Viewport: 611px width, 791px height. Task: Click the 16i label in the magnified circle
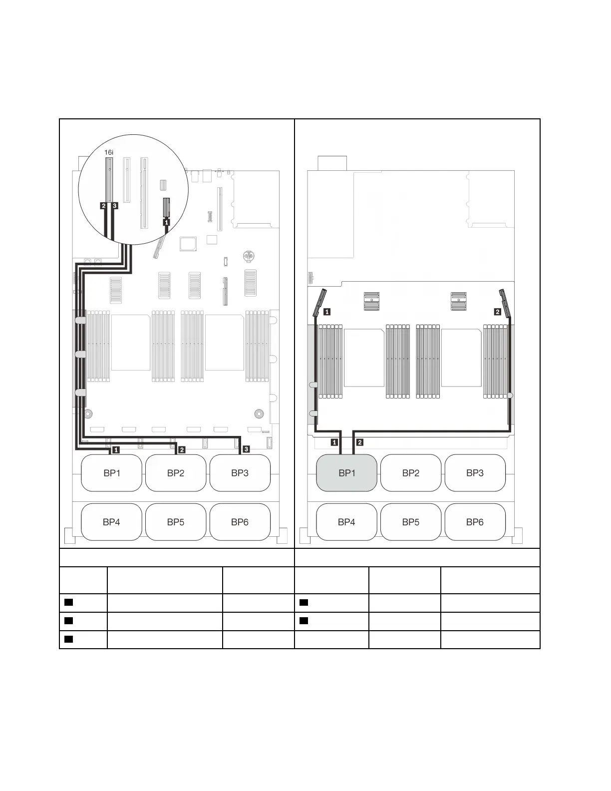[109, 151]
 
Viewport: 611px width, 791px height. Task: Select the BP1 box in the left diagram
[111, 473]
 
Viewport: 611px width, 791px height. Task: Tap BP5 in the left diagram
[176, 522]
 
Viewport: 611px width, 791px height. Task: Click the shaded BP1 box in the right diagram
[346, 473]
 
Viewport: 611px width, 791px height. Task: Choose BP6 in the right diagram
[475, 522]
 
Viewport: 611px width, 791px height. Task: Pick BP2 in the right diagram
[411, 473]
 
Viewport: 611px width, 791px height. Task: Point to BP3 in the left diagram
[240, 473]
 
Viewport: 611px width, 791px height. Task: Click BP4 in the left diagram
[111, 522]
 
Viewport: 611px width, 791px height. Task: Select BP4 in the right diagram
[346, 522]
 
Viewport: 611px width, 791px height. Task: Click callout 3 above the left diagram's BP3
[246, 449]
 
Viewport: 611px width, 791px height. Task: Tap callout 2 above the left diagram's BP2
[182, 449]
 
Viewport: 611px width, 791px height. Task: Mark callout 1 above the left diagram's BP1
[116, 449]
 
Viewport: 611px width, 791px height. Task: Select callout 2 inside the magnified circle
[103, 205]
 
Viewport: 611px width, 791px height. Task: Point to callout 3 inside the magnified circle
[115, 205]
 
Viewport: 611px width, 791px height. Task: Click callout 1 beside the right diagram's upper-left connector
[327, 312]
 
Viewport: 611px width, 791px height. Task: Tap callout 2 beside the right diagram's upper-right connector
[497, 312]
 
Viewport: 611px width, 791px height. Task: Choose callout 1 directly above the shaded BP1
[334, 442]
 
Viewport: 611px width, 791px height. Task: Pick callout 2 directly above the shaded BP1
[360, 442]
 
